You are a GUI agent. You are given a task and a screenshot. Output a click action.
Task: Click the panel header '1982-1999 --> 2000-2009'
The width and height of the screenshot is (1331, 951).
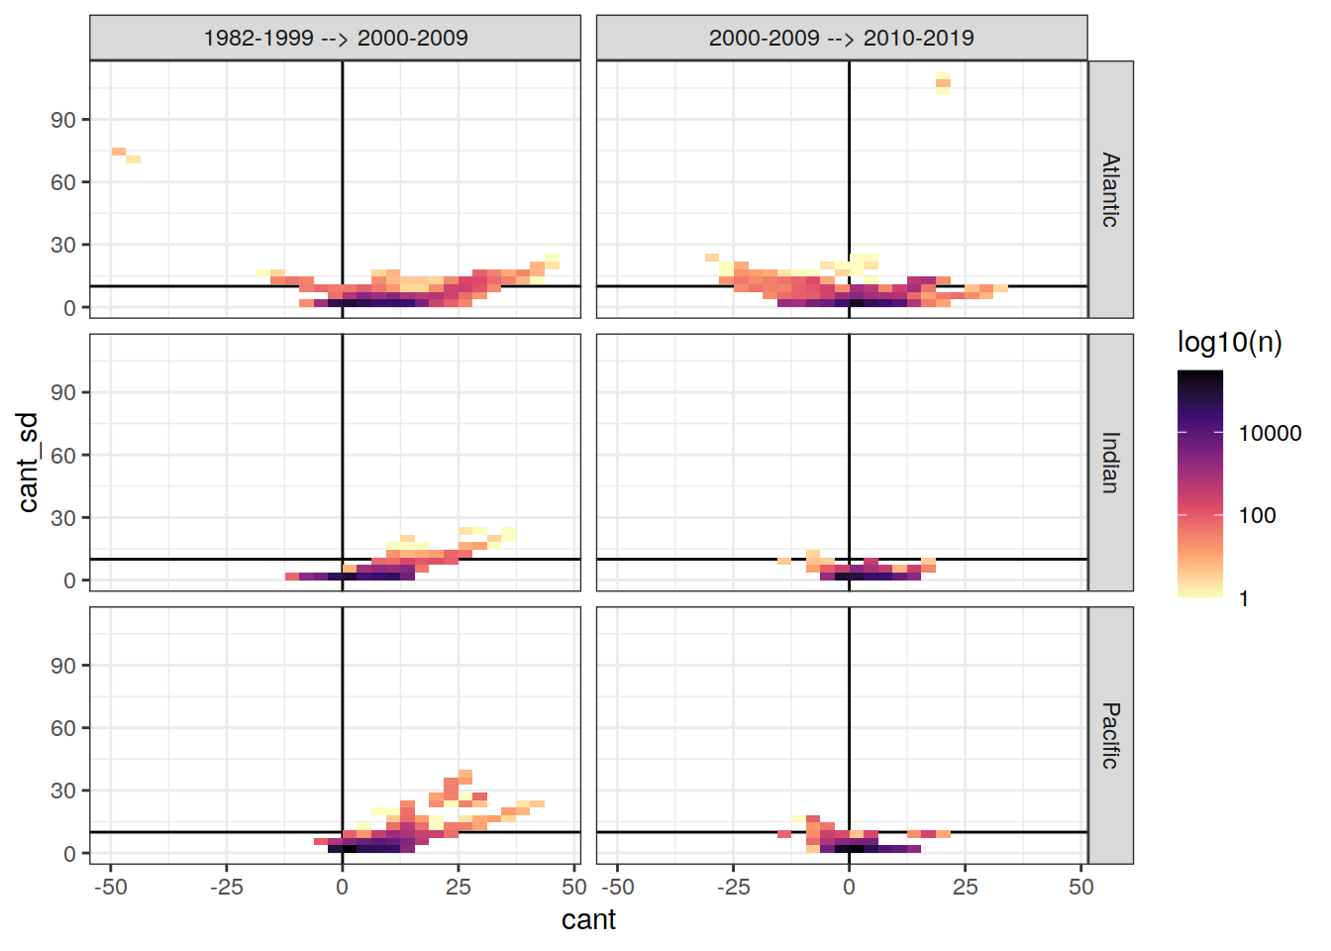(335, 38)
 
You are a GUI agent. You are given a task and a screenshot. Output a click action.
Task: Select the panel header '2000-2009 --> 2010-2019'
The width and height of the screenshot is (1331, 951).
(841, 38)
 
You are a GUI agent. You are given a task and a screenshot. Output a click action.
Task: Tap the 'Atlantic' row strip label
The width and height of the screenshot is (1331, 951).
(1110, 189)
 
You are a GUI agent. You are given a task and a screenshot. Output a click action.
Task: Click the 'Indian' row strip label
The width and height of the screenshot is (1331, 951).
(1110, 462)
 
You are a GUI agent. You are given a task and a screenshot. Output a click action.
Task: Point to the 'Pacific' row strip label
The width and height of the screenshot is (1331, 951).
(1110, 735)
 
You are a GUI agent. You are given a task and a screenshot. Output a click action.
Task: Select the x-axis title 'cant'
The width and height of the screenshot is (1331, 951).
(588, 920)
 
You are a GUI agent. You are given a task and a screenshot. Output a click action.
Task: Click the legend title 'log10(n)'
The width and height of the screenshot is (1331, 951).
(1229, 343)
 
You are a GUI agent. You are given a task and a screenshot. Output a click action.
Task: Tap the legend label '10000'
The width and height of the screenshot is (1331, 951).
(1270, 433)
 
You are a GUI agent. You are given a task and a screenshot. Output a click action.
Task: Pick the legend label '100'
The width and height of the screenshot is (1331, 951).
(1257, 515)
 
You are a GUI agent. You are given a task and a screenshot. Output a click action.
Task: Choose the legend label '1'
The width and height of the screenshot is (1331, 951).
(1244, 598)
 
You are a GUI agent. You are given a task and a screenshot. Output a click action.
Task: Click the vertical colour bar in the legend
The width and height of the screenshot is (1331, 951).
(1199, 483)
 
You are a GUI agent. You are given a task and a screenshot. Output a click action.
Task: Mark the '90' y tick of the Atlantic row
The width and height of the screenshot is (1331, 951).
(63, 120)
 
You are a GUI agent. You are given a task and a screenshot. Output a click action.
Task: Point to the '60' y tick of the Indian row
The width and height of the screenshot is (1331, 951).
(63, 456)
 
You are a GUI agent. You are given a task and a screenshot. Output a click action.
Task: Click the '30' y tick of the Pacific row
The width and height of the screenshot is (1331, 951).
(63, 791)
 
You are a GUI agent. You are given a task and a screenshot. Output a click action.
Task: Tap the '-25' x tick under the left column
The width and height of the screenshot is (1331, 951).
(226, 888)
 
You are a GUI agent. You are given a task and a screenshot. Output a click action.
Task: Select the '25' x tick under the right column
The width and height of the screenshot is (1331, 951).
(965, 888)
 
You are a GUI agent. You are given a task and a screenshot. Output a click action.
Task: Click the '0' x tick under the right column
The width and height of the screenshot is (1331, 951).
(849, 888)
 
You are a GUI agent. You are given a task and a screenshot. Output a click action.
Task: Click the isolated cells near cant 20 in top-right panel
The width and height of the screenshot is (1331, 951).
(943, 83)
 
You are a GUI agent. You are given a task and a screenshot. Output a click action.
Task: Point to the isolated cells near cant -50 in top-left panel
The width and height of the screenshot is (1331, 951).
(125, 155)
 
